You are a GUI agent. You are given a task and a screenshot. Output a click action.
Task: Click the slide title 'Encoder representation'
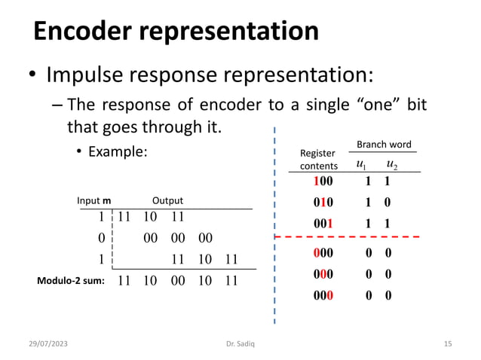click(176, 32)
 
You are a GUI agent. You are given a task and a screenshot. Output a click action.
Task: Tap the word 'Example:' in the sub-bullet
click(117, 151)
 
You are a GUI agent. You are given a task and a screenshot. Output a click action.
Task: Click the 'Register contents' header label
click(319, 160)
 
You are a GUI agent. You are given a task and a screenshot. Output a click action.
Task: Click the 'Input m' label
click(93, 201)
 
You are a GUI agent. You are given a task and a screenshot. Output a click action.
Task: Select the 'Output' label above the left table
click(167, 201)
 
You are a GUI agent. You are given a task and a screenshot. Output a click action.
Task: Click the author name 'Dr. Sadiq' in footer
click(240, 344)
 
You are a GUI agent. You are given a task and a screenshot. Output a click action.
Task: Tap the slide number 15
click(447, 344)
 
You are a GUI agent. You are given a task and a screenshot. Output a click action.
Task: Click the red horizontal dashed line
click(354, 236)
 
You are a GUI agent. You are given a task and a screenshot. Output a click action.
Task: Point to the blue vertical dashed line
click(274, 226)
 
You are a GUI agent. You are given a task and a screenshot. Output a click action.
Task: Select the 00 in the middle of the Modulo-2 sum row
click(177, 280)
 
